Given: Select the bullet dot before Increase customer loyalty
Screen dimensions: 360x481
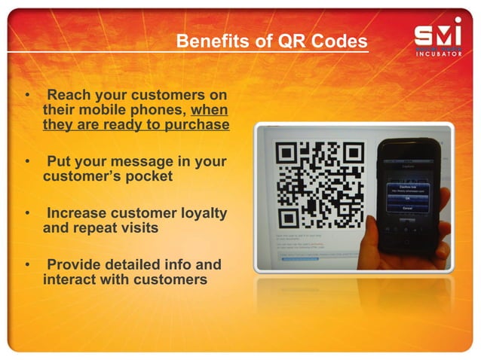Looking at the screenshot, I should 28,214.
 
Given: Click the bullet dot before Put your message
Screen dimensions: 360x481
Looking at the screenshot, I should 28,162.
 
